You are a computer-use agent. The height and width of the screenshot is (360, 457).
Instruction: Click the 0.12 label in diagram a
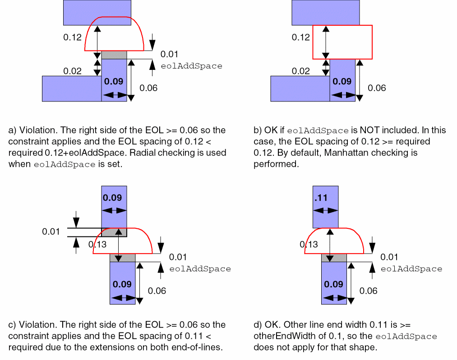pos(72,37)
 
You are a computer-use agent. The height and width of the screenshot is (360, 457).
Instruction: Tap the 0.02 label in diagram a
pos(72,71)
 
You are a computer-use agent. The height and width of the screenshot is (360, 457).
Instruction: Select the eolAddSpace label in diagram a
pos(191,66)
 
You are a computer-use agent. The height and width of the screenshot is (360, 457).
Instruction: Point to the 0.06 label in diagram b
pos(377,88)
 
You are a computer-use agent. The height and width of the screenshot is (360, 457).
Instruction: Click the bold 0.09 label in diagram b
pos(342,81)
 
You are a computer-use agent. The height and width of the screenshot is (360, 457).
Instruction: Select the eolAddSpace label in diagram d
pos(411,269)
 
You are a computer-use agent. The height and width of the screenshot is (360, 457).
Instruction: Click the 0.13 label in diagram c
pos(97,244)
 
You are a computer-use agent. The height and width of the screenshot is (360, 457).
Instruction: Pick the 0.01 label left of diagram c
pos(51,232)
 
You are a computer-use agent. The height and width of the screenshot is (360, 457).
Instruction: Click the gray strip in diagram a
pos(114,55)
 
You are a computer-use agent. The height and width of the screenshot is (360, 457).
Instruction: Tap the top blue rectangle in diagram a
pos(97,12)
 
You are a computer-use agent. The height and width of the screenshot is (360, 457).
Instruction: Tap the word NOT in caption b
pos(360,130)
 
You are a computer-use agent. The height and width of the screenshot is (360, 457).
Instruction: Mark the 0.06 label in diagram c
pos(157,291)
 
